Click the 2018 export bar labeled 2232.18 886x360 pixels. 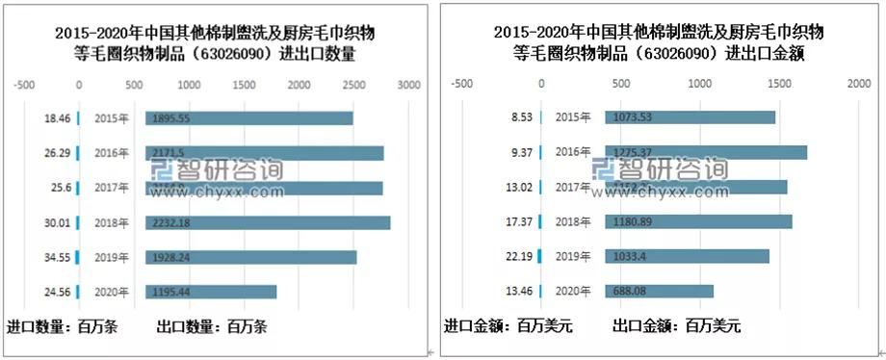(x=268, y=223)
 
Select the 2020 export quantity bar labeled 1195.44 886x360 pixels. (x=211, y=292)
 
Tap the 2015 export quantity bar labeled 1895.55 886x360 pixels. (x=248, y=118)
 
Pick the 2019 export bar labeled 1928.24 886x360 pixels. (x=250, y=257)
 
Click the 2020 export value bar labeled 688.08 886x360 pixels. (x=659, y=291)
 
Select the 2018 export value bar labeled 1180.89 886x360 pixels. (x=698, y=222)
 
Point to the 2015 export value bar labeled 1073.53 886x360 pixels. (x=690, y=117)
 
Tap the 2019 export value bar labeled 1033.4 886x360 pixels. (x=687, y=256)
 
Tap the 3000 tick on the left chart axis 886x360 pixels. (x=408, y=86)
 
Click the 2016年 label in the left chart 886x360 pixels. (x=111, y=153)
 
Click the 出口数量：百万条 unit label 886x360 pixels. (x=210, y=326)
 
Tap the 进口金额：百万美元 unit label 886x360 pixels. (x=508, y=326)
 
